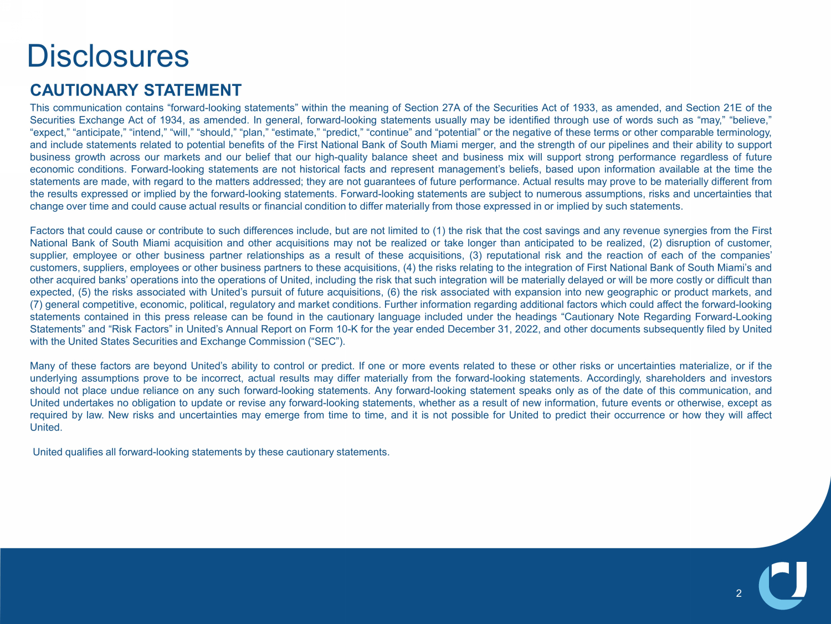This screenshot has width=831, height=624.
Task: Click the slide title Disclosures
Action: pos(108,56)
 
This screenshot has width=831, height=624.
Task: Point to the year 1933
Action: pos(584,108)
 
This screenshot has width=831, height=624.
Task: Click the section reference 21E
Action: pos(731,108)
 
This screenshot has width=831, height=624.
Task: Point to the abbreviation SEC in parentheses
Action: pos(326,341)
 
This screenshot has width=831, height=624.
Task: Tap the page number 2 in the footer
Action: pos(738,593)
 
